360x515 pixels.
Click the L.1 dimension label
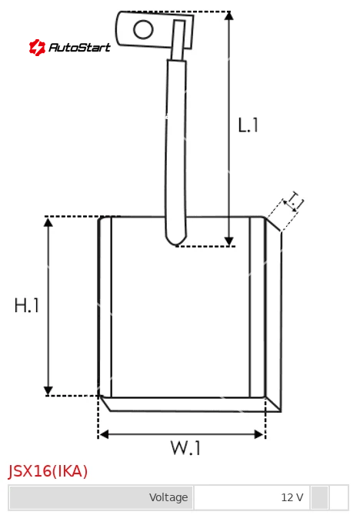[248, 125]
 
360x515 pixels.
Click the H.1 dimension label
[27, 305]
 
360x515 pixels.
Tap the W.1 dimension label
[185, 447]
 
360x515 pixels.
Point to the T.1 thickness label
[294, 201]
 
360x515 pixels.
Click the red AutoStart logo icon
[37, 48]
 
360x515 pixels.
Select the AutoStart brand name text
[79, 48]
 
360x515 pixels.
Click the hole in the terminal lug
[143, 29]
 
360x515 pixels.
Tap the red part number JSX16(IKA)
[48, 471]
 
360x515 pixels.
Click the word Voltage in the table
[168, 497]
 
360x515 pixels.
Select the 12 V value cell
[252, 497]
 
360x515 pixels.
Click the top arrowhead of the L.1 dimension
[228, 15]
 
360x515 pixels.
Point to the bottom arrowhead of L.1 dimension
[228, 241]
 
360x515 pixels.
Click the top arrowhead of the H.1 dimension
[48, 222]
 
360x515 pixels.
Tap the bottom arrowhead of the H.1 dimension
[48, 390]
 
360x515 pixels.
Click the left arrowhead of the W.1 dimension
[104, 434]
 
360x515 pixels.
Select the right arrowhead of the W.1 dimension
[259, 434]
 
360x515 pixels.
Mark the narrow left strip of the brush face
[105, 307]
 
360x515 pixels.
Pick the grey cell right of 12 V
[319, 497]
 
